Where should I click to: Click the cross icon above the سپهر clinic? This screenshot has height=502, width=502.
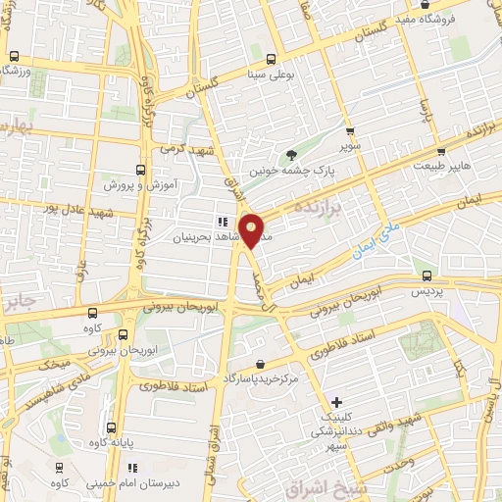coord(336,401)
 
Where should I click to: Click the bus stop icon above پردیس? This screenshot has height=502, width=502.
coord(426,275)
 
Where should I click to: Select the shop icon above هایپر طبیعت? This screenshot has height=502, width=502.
coord(442,152)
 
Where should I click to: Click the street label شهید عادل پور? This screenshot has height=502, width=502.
coord(51,209)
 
